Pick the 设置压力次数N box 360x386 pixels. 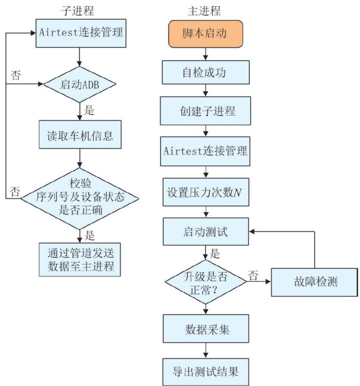[x=206, y=192]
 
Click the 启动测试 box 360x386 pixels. [x=206, y=231]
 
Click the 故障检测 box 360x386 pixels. [x=314, y=282]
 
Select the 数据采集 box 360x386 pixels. [x=206, y=330]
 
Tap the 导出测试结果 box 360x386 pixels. [x=206, y=371]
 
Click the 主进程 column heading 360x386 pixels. [x=204, y=9]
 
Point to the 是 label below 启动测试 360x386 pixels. [x=216, y=255]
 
